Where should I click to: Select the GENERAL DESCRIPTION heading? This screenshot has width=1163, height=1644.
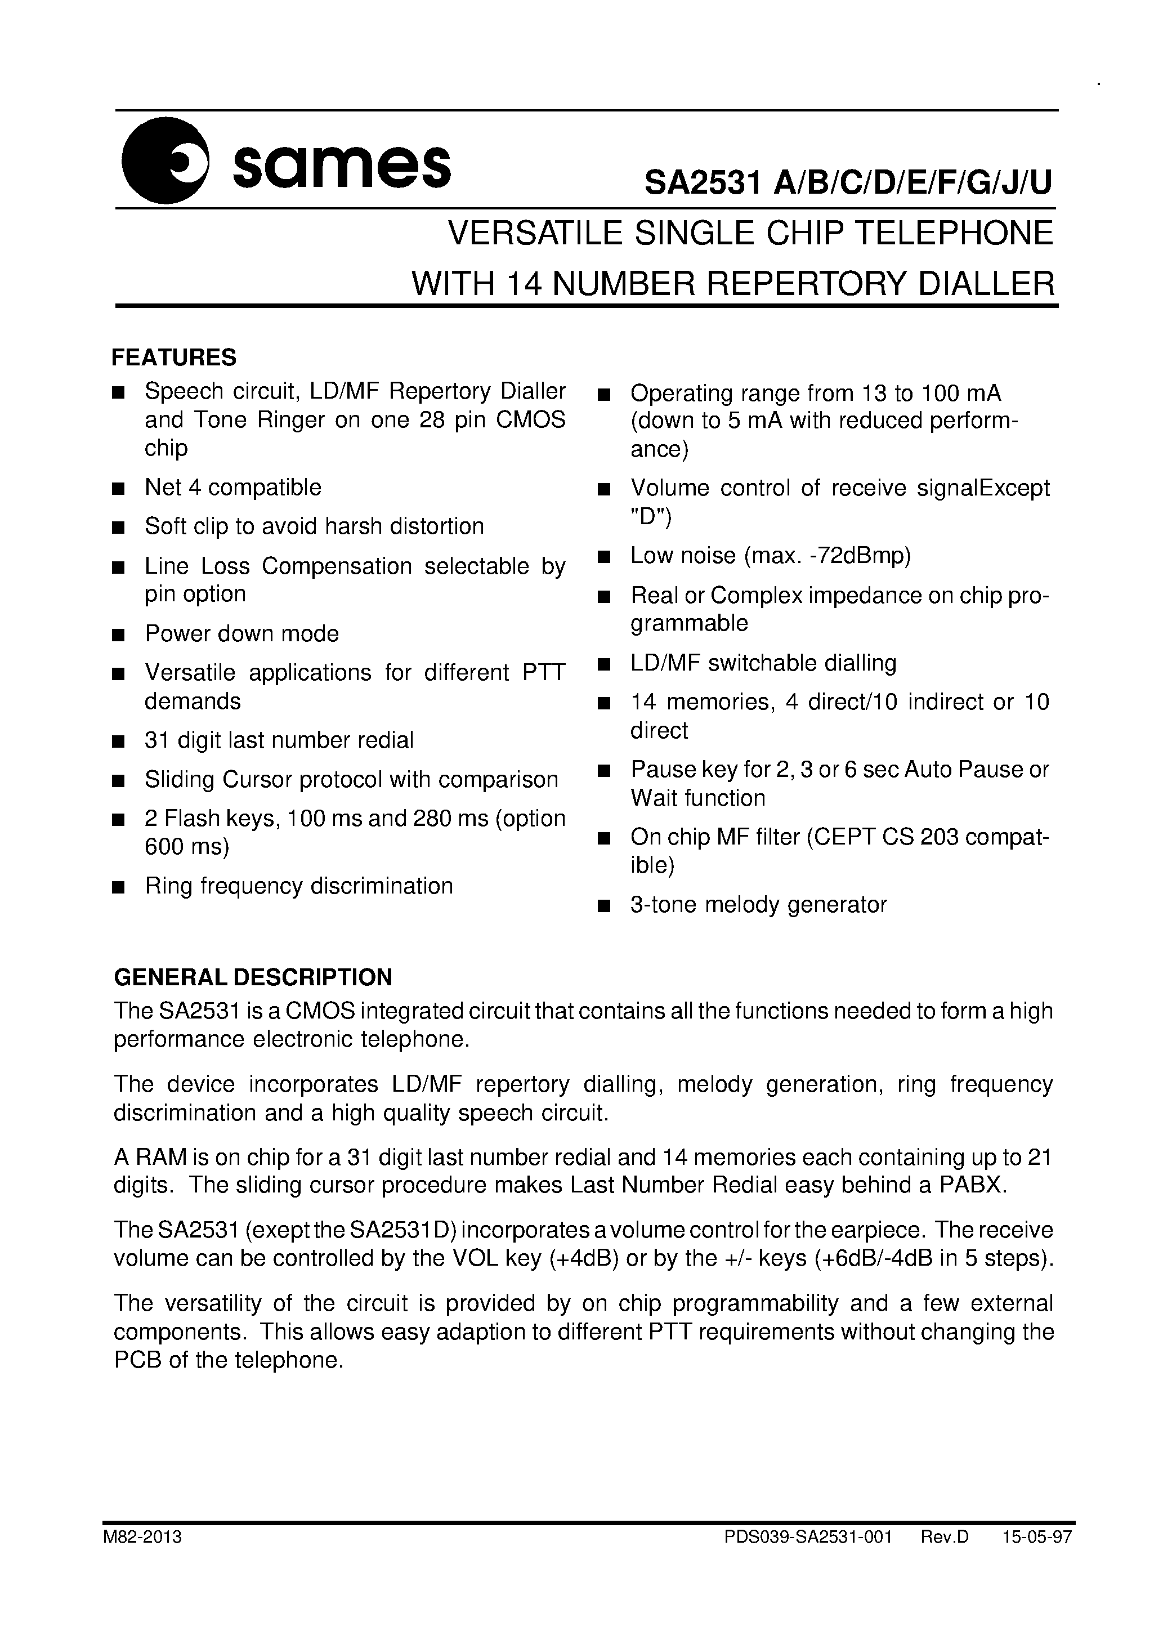pyautogui.click(x=253, y=977)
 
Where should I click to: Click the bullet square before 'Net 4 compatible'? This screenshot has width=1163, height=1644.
pyautogui.click(x=119, y=489)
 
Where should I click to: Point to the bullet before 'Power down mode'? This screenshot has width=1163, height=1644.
pyautogui.click(x=119, y=635)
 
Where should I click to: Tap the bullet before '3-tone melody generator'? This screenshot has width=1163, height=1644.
pyautogui.click(x=603, y=906)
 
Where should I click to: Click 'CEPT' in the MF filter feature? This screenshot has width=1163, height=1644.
pyautogui.click(x=844, y=837)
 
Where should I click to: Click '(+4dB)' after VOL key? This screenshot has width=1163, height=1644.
pyautogui.click(x=584, y=1258)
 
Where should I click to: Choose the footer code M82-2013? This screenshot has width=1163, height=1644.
pyautogui.click(x=142, y=1538)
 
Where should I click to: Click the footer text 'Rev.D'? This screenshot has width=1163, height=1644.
pyautogui.click(x=945, y=1538)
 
